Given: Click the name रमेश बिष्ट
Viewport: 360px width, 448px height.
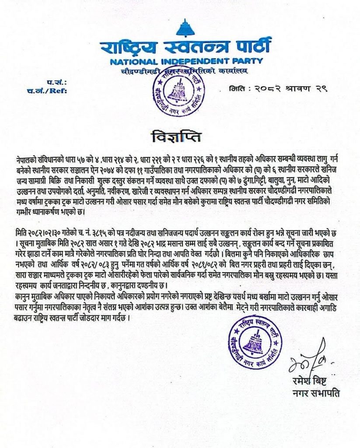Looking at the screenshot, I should [310, 383].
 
